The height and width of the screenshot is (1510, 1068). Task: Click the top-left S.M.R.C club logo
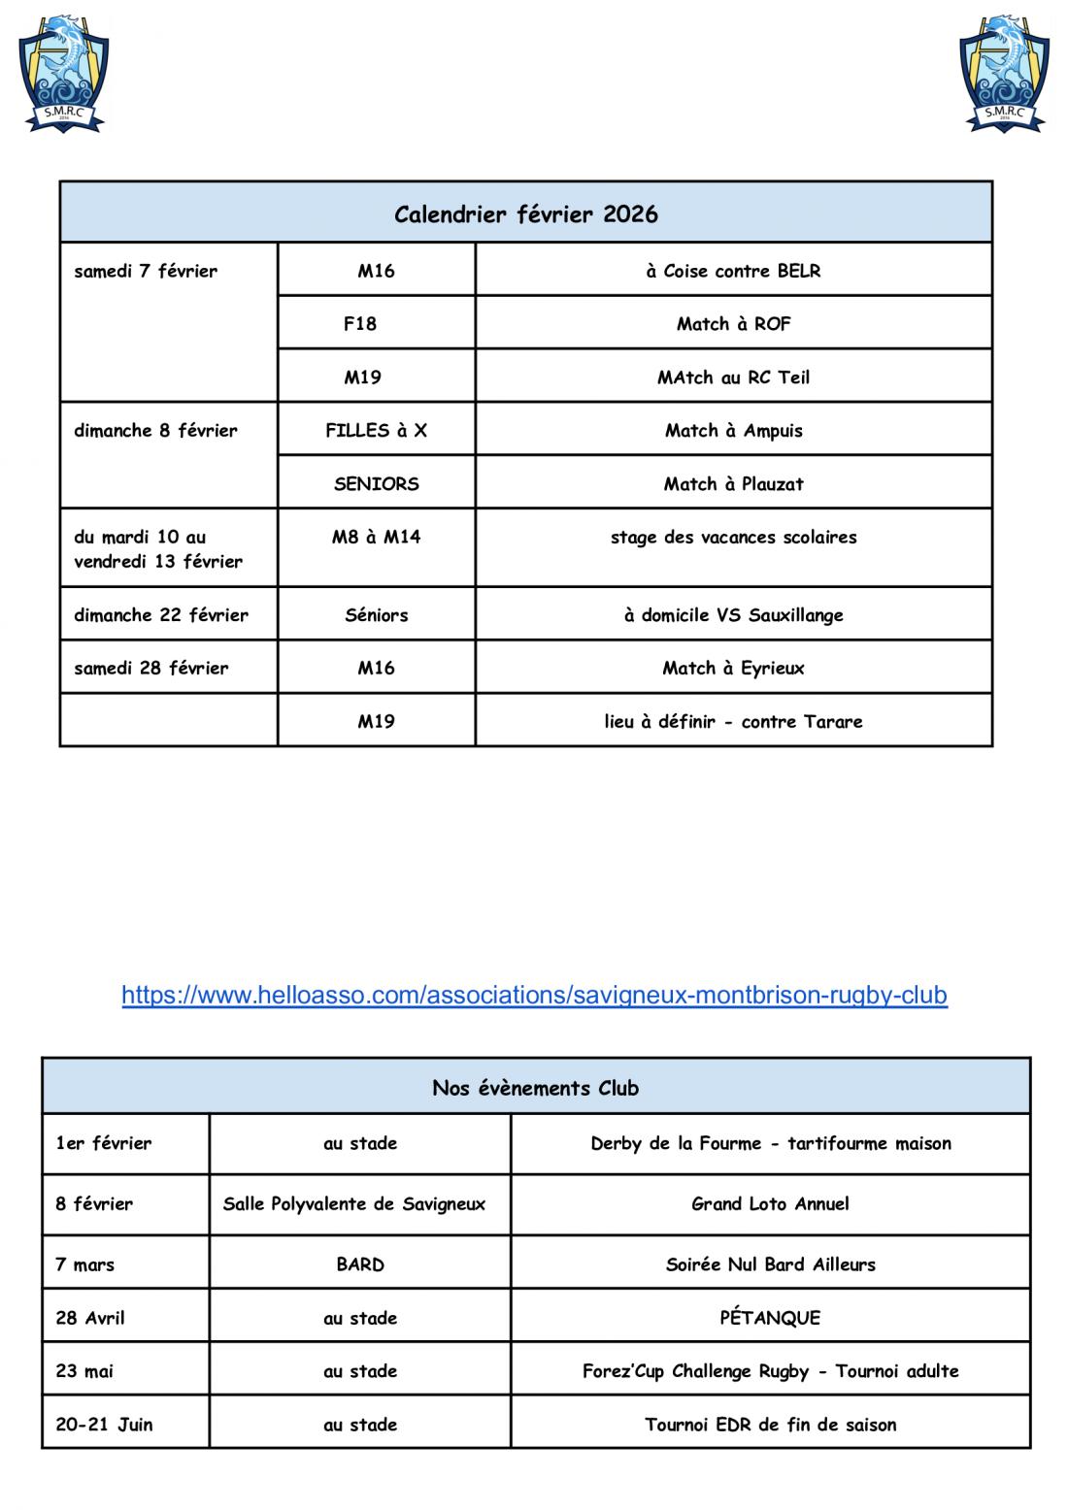click(x=63, y=74)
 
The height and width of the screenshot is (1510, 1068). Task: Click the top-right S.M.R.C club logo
click(x=1004, y=74)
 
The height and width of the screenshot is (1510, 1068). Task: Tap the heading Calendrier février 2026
click(x=526, y=213)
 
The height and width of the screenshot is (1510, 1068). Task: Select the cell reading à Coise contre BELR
click(x=733, y=271)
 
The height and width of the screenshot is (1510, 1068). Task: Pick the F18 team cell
click(x=360, y=324)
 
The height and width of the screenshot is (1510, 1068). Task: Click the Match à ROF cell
click(x=733, y=324)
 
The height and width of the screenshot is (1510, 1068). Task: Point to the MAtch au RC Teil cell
click(x=733, y=377)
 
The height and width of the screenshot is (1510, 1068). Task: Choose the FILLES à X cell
click(x=376, y=431)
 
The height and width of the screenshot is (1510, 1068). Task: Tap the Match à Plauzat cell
click(x=733, y=483)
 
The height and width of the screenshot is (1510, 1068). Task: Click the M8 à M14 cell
click(x=376, y=537)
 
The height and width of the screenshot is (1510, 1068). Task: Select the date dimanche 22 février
click(x=161, y=614)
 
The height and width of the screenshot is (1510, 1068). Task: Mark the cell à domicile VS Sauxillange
click(x=733, y=614)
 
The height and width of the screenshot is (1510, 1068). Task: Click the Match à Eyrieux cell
click(x=733, y=668)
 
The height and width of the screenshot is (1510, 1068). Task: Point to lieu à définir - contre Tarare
click(x=733, y=721)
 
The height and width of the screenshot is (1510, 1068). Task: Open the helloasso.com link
click(x=534, y=995)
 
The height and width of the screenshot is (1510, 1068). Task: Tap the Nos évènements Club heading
click(x=535, y=1088)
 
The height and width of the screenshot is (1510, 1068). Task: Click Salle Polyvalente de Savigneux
click(x=354, y=1204)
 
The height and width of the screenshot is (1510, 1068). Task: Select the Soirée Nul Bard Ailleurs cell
click(x=770, y=1264)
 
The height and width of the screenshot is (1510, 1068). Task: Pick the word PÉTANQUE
click(x=770, y=1318)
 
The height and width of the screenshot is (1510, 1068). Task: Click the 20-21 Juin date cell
click(x=104, y=1425)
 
